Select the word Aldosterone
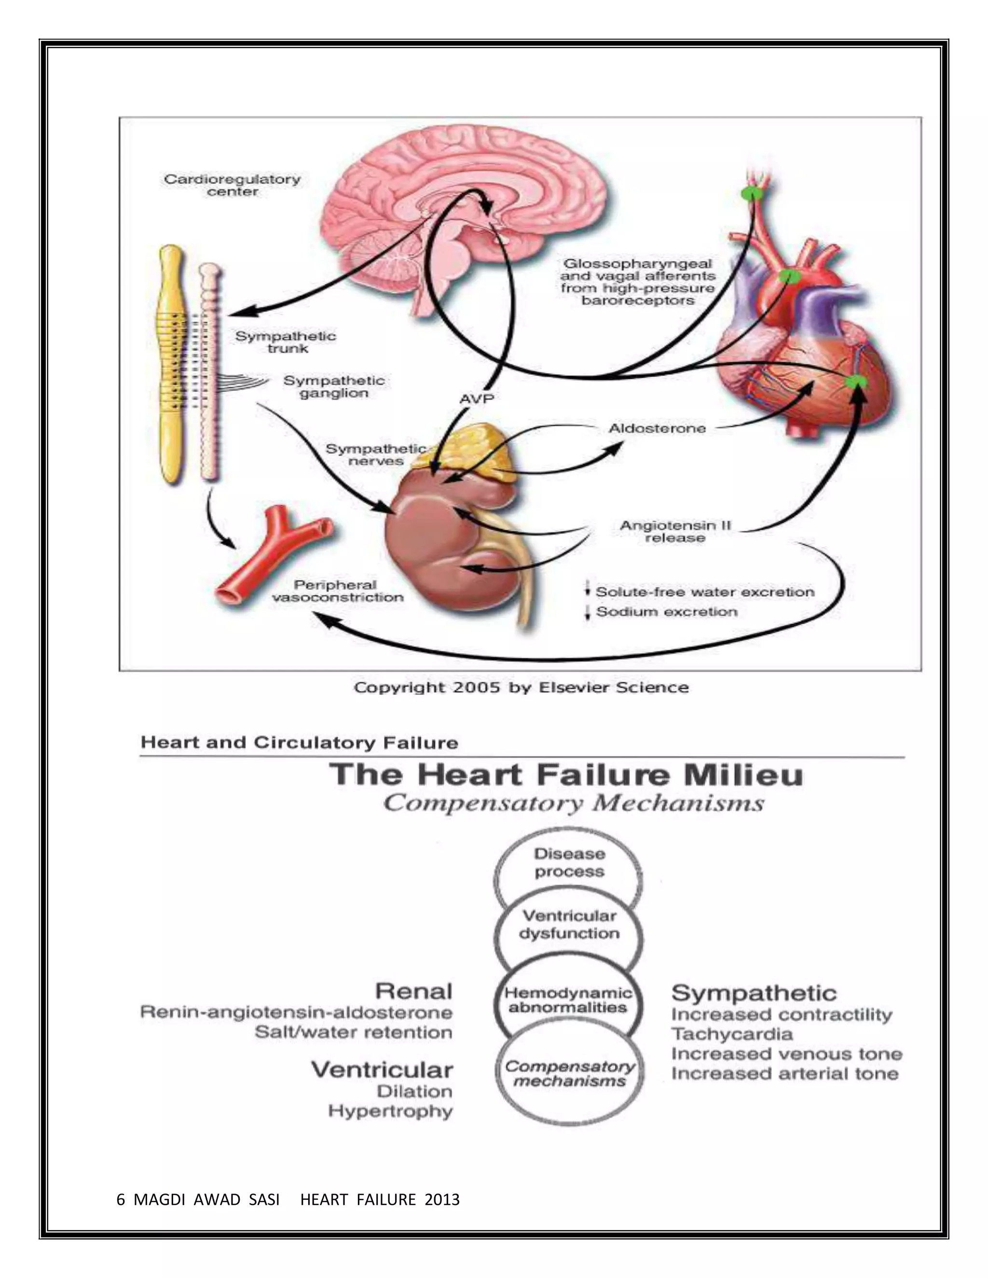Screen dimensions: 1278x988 tap(658, 428)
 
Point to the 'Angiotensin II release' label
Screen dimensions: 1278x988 tap(675, 531)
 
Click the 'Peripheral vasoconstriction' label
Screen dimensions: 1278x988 tap(338, 591)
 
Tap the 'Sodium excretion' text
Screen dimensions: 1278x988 tap(666, 612)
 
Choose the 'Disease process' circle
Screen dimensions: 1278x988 tap(568, 863)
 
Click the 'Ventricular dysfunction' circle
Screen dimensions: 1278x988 tap(569, 925)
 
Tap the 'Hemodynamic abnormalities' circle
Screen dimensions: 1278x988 tap(568, 1000)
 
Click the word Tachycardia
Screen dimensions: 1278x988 tap(732, 1034)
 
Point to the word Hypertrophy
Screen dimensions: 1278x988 tap(390, 1111)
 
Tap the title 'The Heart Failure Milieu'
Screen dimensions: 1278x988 tap(565, 775)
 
